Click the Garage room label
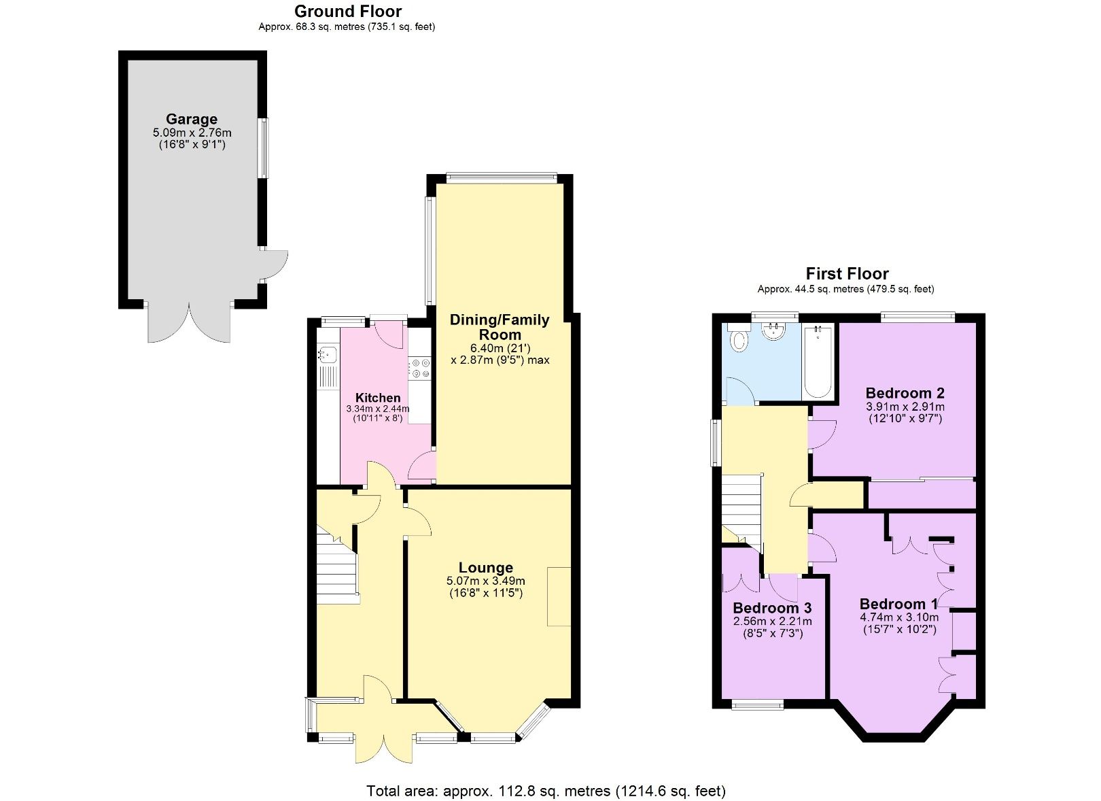(x=192, y=120)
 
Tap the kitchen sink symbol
(x=327, y=354)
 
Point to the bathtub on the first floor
(x=818, y=362)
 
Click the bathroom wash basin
(x=774, y=331)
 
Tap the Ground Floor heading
(x=347, y=12)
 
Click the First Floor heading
(x=847, y=274)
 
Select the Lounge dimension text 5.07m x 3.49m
(x=485, y=581)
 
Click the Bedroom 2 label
(x=905, y=393)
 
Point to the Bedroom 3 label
(x=772, y=608)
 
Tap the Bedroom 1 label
(x=898, y=604)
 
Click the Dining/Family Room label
(x=500, y=327)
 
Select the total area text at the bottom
(x=546, y=791)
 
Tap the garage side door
(x=274, y=265)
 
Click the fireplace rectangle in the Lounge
(x=559, y=596)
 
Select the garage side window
(x=262, y=148)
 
